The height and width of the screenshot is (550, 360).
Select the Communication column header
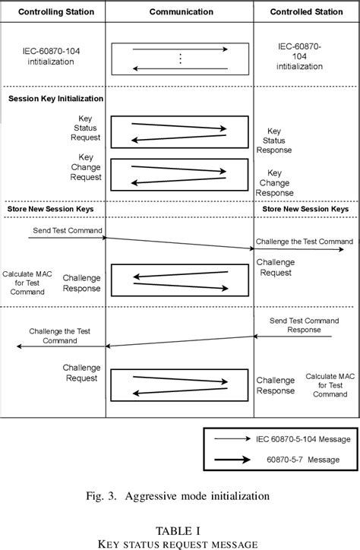pyautogui.click(x=180, y=13)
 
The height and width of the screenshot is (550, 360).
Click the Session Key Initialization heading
pyautogui.click(x=55, y=99)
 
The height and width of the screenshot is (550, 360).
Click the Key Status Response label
pyautogui.click(x=275, y=141)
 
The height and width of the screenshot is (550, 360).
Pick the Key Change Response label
pyautogui.click(x=275, y=183)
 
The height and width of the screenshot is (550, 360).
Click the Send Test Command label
pyautogui.click(x=68, y=230)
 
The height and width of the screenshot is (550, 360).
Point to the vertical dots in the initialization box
pyautogui.click(x=180, y=59)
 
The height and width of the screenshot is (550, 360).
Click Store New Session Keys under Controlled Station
pyautogui.click(x=305, y=208)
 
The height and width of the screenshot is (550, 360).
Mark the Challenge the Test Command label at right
pyautogui.click(x=304, y=242)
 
